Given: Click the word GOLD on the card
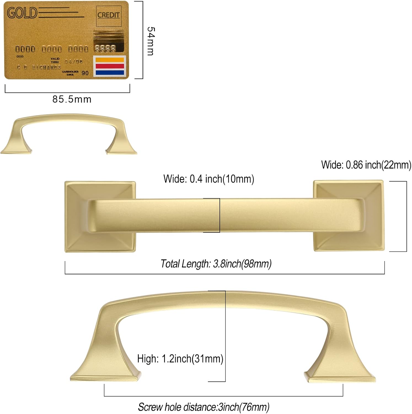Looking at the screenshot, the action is pos(22,13).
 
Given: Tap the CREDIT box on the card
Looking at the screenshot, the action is pos(109,15).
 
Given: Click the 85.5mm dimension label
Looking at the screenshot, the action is pos(72,99).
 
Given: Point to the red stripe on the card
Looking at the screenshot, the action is pos(110,66).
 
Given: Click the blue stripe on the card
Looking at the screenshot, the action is pos(110,73).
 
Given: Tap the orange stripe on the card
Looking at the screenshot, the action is pos(110,60).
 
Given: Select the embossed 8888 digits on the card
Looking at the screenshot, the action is pos(105,49).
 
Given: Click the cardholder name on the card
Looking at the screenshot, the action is pos(39,67).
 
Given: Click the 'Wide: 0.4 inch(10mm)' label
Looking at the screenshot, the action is pos(208,179).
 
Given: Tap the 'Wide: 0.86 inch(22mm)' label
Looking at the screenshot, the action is pos(366,165).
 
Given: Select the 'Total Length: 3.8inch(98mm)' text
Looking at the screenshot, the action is pos(216,264).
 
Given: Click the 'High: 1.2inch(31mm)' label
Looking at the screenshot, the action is pos(180,359).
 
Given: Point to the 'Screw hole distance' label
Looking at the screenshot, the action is pos(204,407).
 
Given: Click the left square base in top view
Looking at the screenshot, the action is pos(77,216).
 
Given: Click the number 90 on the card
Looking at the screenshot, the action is pos(85,73).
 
